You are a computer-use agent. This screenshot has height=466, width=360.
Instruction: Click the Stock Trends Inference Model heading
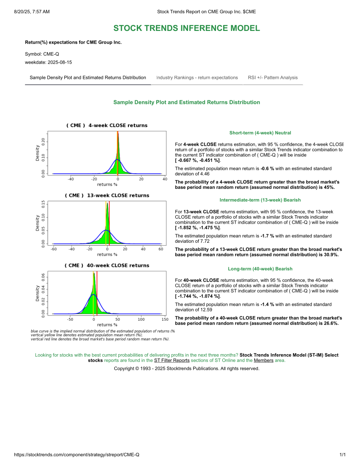point(186,28)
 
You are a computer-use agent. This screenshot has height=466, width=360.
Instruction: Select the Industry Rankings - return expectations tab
point(197,78)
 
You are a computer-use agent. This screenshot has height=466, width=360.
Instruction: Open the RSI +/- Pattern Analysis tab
point(273,78)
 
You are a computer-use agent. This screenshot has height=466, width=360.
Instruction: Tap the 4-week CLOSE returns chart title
point(107,125)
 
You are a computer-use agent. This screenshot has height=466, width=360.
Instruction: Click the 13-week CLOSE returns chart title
point(107,195)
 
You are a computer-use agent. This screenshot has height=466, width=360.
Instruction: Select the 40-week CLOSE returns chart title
point(107,265)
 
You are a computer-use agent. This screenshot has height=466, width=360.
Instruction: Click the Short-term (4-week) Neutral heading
point(260,133)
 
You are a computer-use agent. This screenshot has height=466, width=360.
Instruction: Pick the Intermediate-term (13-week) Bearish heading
point(260,200)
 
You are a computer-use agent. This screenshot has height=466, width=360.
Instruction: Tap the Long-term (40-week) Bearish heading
point(260,269)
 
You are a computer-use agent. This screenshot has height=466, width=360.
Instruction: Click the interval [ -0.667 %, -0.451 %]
point(198,161)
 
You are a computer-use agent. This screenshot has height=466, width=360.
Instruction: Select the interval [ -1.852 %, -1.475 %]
point(198,228)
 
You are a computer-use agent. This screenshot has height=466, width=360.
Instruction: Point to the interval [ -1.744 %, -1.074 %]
point(198,296)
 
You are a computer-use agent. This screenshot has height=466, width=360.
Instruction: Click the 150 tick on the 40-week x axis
point(165,319)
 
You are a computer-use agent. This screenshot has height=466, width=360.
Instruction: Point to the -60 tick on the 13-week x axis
point(54,249)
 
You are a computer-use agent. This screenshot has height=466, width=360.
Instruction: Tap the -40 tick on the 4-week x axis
point(71,179)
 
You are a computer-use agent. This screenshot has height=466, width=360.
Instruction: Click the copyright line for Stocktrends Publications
point(186,369)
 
